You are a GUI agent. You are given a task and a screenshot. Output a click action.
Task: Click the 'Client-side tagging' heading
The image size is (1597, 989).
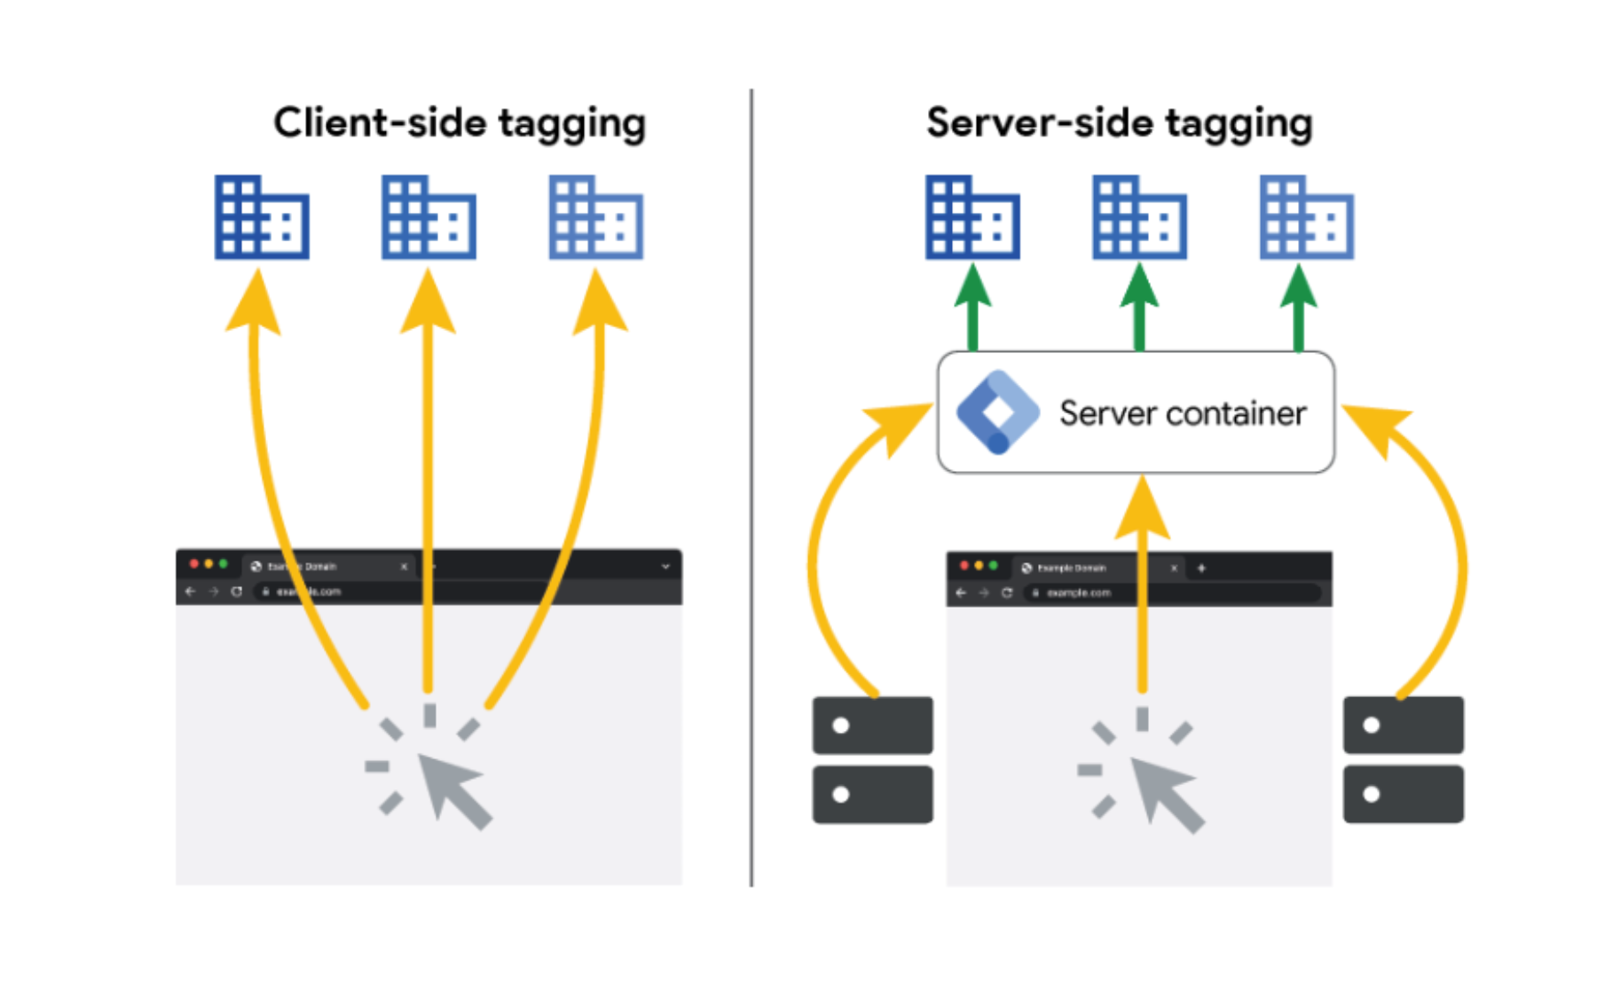pyautogui.click(x=459, y=122)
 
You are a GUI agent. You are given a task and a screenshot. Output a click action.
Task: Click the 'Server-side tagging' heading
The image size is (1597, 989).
pyautogui.click(x=1119, y=122)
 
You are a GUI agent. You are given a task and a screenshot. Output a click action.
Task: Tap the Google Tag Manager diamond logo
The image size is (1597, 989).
pyautogui.click(x=997, y=412)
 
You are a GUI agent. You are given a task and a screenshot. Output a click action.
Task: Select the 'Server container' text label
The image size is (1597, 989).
pyautogui.click(x=1182, y=413)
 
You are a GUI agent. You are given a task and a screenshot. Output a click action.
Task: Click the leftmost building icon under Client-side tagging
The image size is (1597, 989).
pyautogui.click(x=262, y=217)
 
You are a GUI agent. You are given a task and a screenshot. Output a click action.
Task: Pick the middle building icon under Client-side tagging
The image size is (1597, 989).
pyautogui.click(x=429, y=217)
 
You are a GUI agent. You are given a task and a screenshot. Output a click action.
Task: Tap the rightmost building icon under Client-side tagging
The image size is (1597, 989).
pyautogui.click(x=595, y=217)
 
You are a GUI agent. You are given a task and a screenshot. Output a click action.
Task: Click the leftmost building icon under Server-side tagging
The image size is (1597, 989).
pyautogui.click(x=972, y=217)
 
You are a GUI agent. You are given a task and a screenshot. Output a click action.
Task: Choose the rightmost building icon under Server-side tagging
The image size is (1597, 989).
pyautogui.click(x=1307, y=217)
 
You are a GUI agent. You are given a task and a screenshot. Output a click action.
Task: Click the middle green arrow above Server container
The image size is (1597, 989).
pyautogui.click(x=1139, y=310)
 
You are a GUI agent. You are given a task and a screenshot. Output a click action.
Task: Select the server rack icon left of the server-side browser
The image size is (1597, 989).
pyautogui.click(x=872, y=760)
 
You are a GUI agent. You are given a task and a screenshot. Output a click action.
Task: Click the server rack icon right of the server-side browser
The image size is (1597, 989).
pyautogui.click(x=1403, y=760)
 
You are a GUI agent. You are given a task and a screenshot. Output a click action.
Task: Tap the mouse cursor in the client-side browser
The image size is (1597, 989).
pyautogui.click(x=452, y=789)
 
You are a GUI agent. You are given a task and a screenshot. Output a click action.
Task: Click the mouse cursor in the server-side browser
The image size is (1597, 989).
pyautogui.click(x=1166, y=793)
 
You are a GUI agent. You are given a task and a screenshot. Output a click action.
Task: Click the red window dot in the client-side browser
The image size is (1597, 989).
pyautogui.click(x=194, y=564)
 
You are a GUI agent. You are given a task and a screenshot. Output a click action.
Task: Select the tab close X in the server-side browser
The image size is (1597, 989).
pyautogui.click(x=1174, y=568)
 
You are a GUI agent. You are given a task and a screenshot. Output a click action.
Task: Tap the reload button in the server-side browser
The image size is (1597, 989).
pyautogui.click(x=1007, y=593)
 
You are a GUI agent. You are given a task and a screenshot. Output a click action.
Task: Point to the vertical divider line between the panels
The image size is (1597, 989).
pyautogui.click(x=751, y=488)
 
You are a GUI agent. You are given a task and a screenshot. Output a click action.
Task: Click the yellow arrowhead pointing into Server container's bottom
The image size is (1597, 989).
pyautogui.click(x=1142, y=510)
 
